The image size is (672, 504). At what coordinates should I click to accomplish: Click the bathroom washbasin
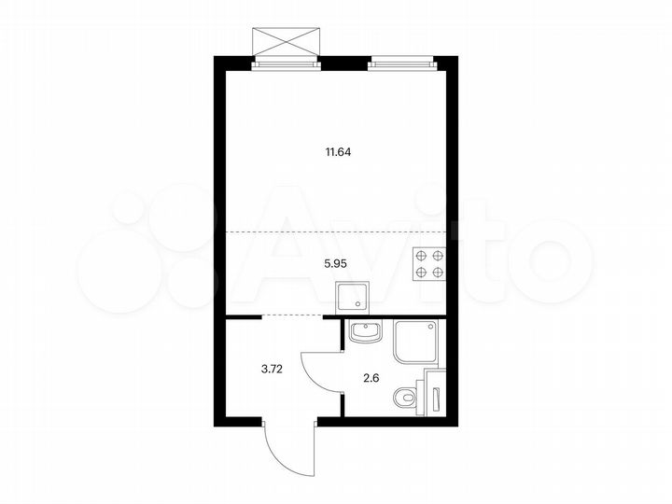367,331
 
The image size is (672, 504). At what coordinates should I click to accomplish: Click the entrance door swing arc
280,448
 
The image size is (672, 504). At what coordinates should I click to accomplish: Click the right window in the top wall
401,63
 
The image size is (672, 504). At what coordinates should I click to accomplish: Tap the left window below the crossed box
287,63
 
